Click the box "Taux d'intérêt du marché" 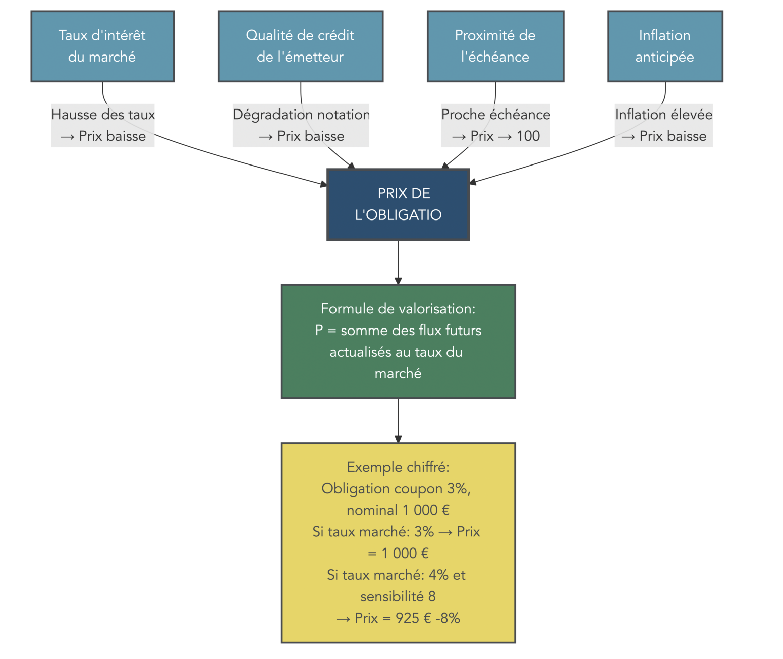102,46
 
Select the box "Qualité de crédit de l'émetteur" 300,46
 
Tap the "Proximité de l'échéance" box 495,46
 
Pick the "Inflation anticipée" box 665,46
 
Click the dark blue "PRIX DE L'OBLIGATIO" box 398,204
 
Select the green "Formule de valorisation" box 398,341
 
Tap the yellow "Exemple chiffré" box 398,542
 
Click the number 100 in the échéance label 528,136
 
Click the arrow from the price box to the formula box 398,262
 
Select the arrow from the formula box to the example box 398,420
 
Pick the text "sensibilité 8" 398,596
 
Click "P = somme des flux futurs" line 398,331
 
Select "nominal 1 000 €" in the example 398,510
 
